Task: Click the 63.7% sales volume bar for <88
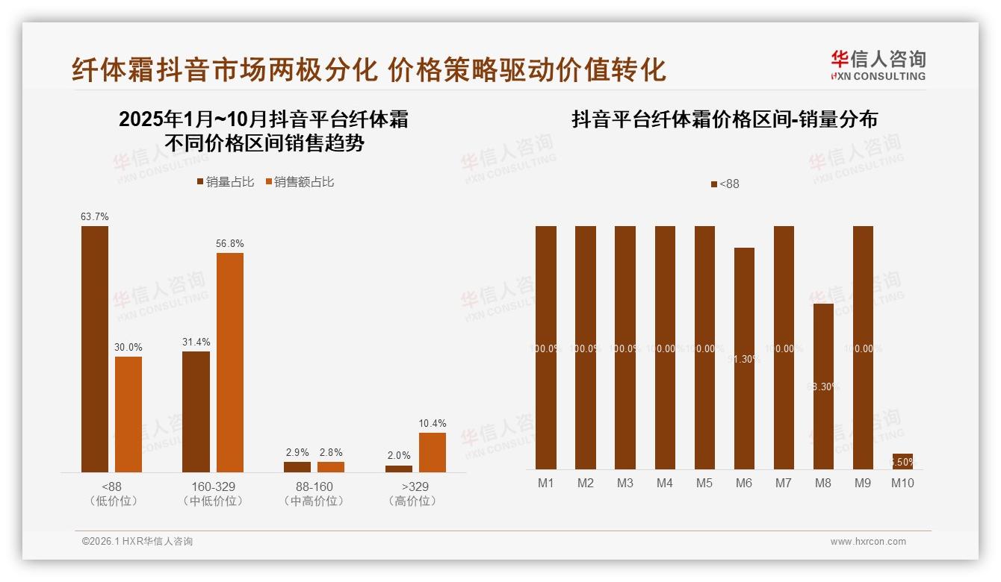[95, 348]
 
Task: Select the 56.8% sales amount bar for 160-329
[230, 362]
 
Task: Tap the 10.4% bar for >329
[432, 452]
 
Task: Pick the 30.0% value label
[128, 347]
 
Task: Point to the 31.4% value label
[196, 342]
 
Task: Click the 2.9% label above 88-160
[297, 452]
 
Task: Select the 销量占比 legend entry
[226, 182]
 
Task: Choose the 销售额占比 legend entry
[299, 182]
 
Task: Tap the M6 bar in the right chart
[744, 358]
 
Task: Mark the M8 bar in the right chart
[823, 387]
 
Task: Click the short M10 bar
[902, 461]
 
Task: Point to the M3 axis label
[625, 483]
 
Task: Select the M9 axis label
[863, 483]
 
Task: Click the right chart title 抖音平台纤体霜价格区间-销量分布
[725, 119]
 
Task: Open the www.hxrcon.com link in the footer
[868, 542]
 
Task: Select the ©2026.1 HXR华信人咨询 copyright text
[137, 542]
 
